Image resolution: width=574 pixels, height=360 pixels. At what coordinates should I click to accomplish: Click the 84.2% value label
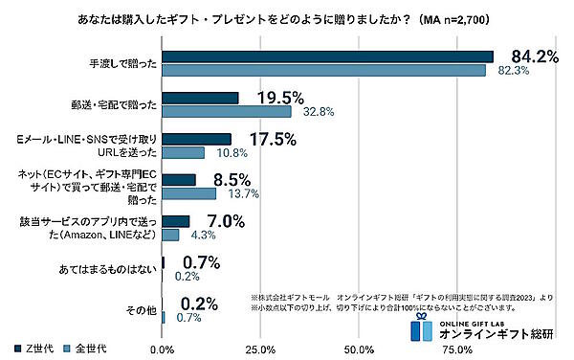[533, 57]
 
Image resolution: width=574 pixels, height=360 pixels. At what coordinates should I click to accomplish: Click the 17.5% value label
[272, 139]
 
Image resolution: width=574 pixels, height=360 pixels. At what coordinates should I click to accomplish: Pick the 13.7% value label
[243, 194]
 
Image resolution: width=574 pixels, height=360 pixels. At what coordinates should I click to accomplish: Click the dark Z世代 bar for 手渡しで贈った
[327, 56]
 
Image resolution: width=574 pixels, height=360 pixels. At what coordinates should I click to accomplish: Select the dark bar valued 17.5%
[197, 139]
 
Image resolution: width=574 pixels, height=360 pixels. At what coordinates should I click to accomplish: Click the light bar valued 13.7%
[189, 194]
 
